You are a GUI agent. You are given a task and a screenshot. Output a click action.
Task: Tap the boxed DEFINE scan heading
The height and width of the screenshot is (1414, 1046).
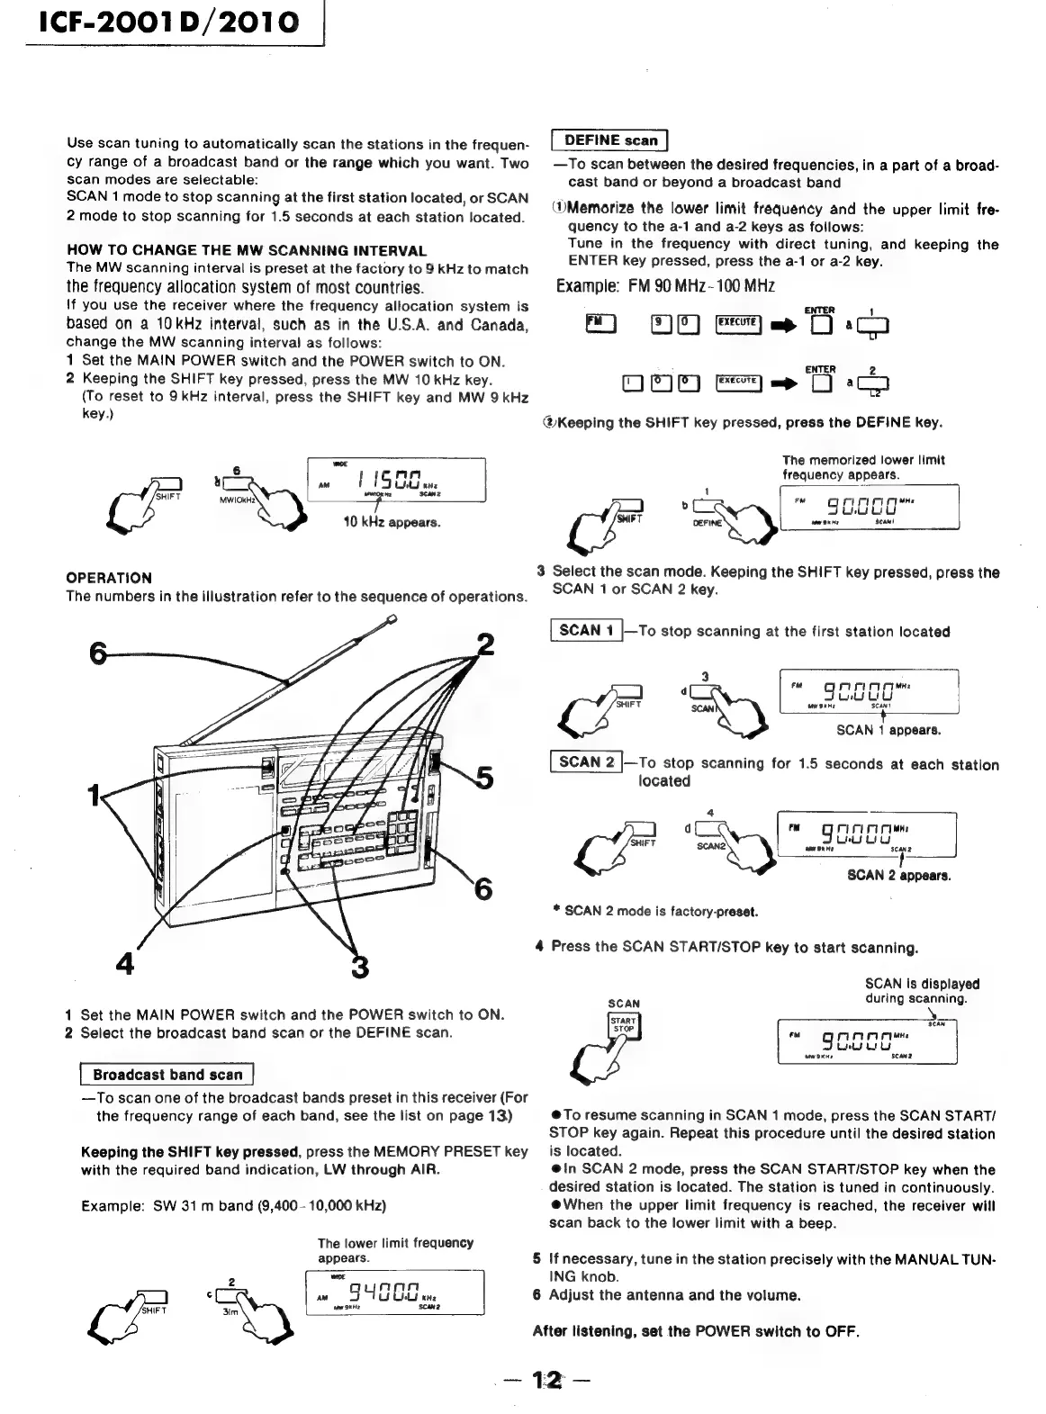point(610,140)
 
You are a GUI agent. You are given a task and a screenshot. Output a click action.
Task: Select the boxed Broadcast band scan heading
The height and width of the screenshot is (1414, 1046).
point(167,1075)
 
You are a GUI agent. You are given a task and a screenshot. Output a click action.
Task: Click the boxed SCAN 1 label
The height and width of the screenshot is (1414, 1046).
point(586,631)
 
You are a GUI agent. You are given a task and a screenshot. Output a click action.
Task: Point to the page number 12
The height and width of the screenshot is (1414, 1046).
point(546,1381)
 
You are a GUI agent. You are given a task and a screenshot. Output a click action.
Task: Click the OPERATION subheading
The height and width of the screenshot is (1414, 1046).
point(109,578)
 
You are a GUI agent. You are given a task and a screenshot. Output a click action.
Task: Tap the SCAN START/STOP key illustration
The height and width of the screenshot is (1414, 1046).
point(624,1026)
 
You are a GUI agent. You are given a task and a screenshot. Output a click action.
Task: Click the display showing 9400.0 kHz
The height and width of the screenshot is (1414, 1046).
point(395,1292)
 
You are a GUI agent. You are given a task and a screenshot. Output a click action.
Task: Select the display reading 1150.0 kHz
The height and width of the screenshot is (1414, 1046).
point(396,481)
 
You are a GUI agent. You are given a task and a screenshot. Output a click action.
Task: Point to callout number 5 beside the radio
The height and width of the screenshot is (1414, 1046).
point(483,777)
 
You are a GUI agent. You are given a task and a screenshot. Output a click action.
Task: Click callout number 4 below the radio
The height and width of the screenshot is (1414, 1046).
point(125,963)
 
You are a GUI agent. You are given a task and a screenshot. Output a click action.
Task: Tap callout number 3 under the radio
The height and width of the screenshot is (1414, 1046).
point(359,968)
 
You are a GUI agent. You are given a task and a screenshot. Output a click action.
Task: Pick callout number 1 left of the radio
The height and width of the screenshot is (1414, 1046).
point(92,796)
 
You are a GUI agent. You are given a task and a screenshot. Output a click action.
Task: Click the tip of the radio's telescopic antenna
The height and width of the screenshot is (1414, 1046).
point(392,618)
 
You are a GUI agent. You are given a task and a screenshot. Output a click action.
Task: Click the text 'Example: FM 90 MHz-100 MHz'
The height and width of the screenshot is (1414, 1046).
point(665,286)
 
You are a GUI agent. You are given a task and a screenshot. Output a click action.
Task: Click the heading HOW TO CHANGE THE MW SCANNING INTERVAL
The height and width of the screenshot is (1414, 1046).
point(247,250)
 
